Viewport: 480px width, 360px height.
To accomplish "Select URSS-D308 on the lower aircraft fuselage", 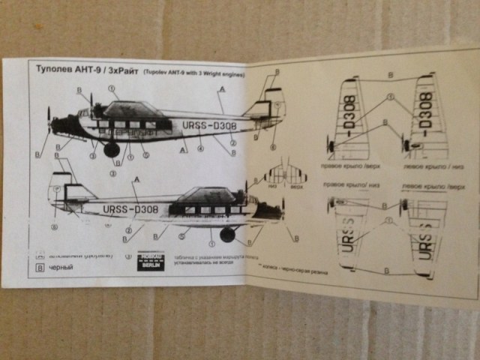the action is click(128, 209).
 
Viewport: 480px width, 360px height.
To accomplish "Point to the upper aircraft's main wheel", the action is click(112, 149).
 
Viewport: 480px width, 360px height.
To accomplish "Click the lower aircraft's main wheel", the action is click(226, 235).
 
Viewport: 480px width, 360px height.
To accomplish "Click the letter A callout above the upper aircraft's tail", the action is click(221, 89).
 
